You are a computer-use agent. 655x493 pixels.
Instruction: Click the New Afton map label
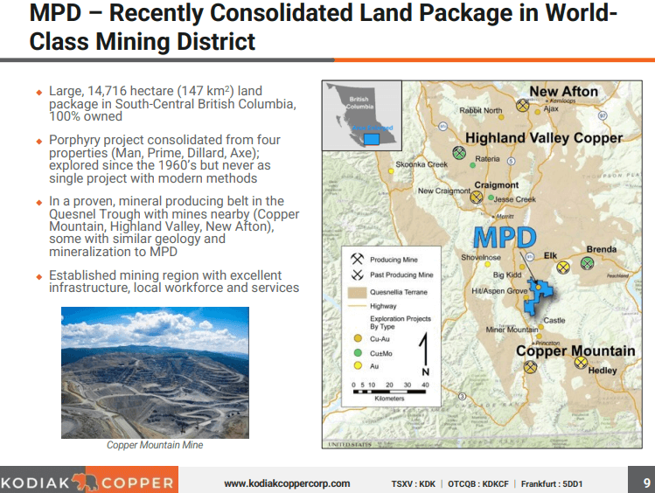563,92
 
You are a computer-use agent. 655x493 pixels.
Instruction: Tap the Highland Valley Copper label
543,138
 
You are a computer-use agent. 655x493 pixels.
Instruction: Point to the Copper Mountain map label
575,351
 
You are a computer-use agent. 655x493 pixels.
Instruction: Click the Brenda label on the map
601,249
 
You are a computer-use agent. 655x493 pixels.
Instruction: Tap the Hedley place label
603,371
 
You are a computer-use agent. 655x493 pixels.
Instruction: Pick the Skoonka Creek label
421,164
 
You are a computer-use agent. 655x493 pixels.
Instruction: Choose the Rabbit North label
480,111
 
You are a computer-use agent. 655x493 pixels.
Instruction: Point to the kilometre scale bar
389,390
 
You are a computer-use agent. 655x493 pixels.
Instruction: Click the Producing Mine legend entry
393,260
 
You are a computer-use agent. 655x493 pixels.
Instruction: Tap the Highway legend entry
383,306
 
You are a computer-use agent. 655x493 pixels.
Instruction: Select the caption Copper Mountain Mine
155,445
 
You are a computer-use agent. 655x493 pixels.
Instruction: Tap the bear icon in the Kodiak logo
85,482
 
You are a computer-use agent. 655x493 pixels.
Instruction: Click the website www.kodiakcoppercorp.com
287,483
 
